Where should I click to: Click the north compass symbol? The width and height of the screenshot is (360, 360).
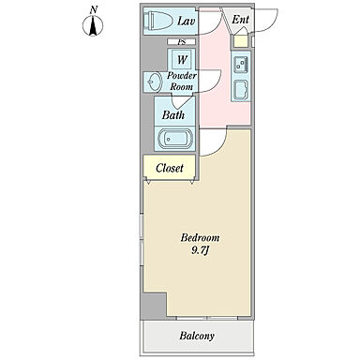(x=93, y=25)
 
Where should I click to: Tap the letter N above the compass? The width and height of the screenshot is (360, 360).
(x=93, y=10)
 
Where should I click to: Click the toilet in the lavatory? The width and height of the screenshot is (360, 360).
(x=157, y=21)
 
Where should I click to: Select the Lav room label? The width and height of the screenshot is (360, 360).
(x=187, y=22)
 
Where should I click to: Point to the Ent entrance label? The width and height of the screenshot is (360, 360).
(x=240, y=20)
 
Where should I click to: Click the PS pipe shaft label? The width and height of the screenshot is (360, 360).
(x=181, y=41)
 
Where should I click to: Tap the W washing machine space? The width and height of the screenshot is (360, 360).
(x=182, y=59)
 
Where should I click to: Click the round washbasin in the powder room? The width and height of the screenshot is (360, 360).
(x=154, y=82)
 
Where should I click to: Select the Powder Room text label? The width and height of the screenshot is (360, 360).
(x=182, y=81)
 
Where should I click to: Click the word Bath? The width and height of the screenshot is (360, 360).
(x=173, y=115)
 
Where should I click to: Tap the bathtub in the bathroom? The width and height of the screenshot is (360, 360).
(x=174, y=139)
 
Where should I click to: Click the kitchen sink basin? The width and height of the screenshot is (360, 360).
(x=240, y=90)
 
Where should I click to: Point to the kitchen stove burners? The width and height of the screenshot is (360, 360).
(x=241, y=65)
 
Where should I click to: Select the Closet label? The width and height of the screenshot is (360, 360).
(x=170, y=168)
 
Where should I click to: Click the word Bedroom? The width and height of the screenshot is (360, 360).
(x=200, y=238)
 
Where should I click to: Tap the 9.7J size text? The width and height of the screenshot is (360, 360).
(x=200, y=250)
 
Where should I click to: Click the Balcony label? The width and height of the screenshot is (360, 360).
(x=197, y=336)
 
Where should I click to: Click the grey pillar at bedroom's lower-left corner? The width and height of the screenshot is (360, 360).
(x=154, y=307)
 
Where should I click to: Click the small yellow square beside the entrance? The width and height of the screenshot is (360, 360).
(x=240, y=41)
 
